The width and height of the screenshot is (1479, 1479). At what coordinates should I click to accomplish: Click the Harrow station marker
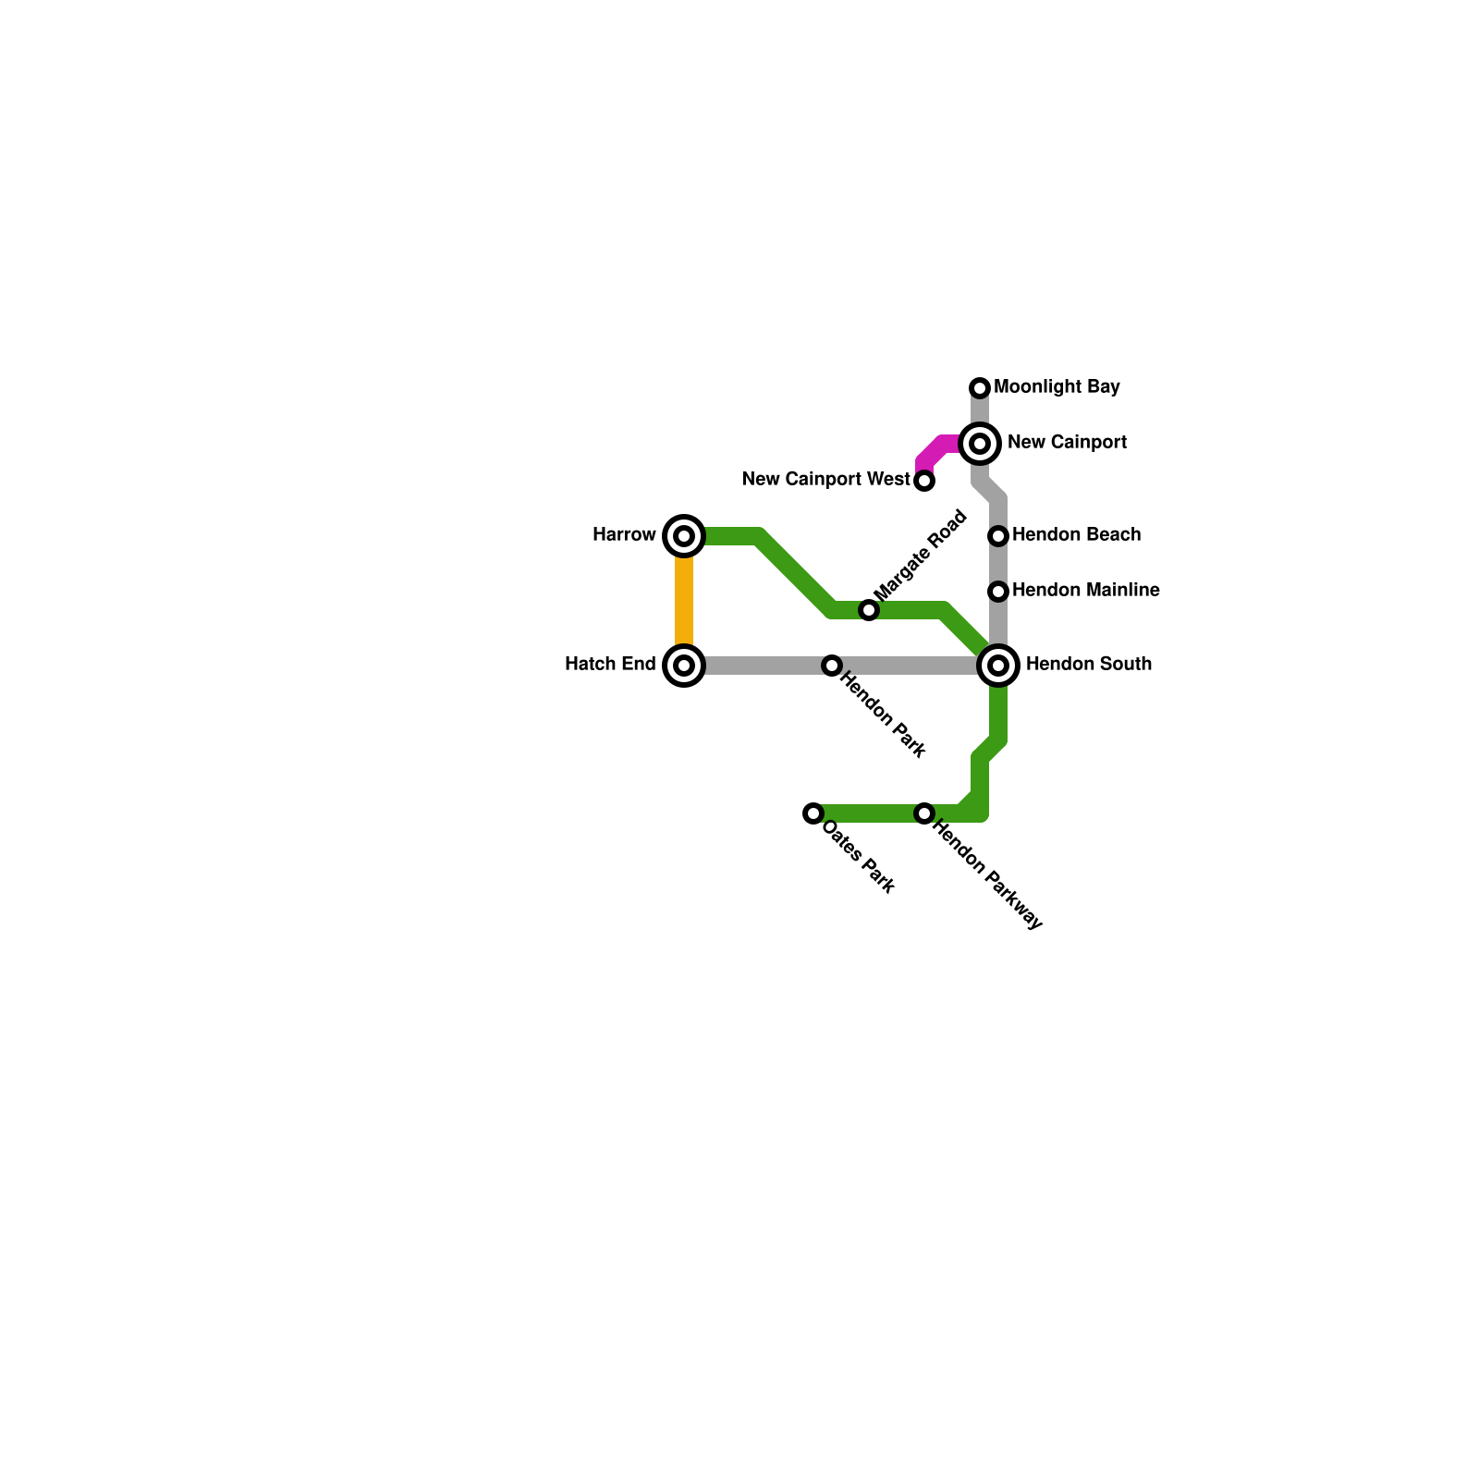[x=684, y=536]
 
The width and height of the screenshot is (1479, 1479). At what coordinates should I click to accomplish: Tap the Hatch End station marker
[x=684, y=666]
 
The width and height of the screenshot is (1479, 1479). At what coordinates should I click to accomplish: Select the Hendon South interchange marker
[x=998, y=666]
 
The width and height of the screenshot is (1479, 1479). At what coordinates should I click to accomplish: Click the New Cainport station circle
[x=980, y=444]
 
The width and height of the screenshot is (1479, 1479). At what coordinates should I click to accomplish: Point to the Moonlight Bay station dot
[x=980, y=388]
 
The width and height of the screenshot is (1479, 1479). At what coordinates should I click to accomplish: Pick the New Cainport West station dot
[x=924, y=481]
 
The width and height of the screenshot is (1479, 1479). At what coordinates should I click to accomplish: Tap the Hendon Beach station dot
[x=998, y=536]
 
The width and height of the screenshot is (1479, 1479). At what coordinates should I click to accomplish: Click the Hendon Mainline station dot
[x=998, y=592]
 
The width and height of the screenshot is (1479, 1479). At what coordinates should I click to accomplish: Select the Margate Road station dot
[x=869, y=610]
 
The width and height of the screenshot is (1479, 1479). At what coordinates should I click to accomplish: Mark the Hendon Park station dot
[x=832, y=666]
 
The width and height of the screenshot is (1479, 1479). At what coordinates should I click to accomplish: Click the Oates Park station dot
[x=813, y=813]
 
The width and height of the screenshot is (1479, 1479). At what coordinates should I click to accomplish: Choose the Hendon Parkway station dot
[x=924, y=813]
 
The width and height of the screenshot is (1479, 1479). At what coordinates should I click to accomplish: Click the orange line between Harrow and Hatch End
[x=684, y=601]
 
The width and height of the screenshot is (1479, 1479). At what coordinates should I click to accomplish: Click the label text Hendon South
[x=1088, y=665]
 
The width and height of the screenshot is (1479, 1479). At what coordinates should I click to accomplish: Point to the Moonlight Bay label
[x=1057, y=387]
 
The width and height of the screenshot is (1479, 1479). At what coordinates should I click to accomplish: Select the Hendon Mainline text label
[x=1085, y=591]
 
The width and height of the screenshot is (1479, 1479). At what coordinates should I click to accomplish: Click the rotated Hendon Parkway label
[x=987, y=874]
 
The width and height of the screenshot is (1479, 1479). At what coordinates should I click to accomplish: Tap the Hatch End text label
[x=610, y=665]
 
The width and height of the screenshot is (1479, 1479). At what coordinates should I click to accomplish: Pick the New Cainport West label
[x=825, y=480]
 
